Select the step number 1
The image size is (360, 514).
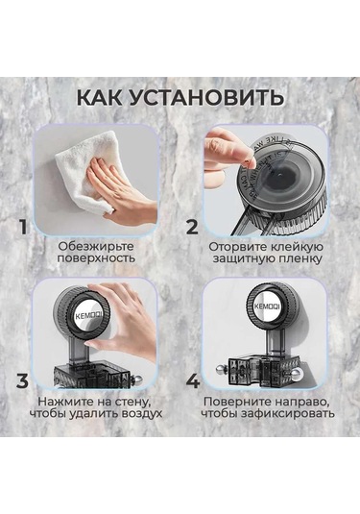(x=21, y=228)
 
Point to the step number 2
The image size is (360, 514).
(x=192, y=228)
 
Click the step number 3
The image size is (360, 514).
(x=21, y=379)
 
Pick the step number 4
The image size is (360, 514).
(x=192, y=379)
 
